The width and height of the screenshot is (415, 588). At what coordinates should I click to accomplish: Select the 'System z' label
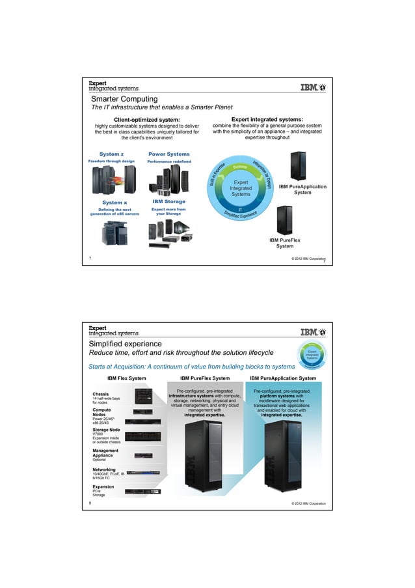tap(111, 154)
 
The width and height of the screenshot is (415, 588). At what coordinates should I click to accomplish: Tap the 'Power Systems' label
tap(168, 154)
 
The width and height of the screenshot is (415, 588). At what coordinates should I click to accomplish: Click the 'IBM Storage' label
tap(168, 202)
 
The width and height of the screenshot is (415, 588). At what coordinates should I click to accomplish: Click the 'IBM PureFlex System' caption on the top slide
tap(284, 243)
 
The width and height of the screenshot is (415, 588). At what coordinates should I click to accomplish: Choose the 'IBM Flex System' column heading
tap(127, 378)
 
